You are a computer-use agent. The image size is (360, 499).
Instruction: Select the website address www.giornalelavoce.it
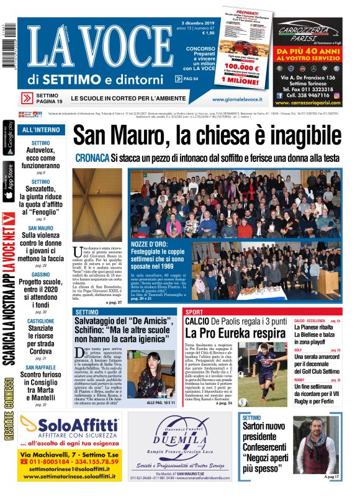(x=236, y=99)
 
